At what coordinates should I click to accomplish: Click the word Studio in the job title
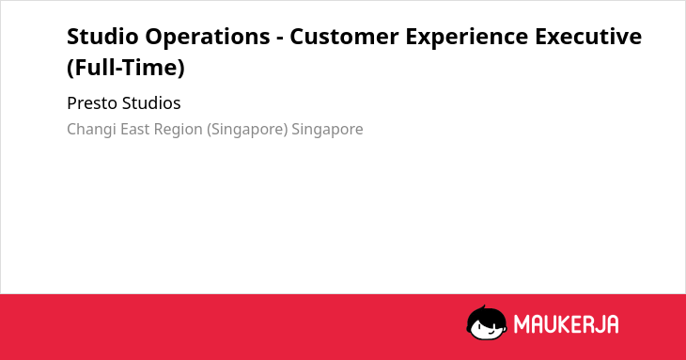pyautogui.click(x=102, y=37)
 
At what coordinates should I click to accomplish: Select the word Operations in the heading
pyautogui.click(x=208, y=37)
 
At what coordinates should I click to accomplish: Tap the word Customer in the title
pyautogui.click(x=344, y=37)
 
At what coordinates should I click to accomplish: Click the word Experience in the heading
pyautogui.click(x=467, y=37)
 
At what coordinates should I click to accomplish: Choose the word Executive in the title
pyautogui.click(x=588, y=37)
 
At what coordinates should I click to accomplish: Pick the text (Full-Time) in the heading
pyautogui.click(x=126, y=68)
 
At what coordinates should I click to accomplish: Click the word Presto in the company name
pyautogui.click(x=92, y=103)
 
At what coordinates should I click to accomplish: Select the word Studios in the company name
pyautogui.click(x=151, y=103)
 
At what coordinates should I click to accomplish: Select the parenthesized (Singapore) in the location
pyautogui.click(x=247, y=130)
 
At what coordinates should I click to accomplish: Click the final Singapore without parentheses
pyautogui.click(x=327, y=130)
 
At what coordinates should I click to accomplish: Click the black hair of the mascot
pyautogui.click(x=486, y=316)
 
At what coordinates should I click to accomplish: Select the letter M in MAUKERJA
pyautogui.click(x=522, y=324)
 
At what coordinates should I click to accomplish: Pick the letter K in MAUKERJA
pyautogui.click(x=563, y=324)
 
